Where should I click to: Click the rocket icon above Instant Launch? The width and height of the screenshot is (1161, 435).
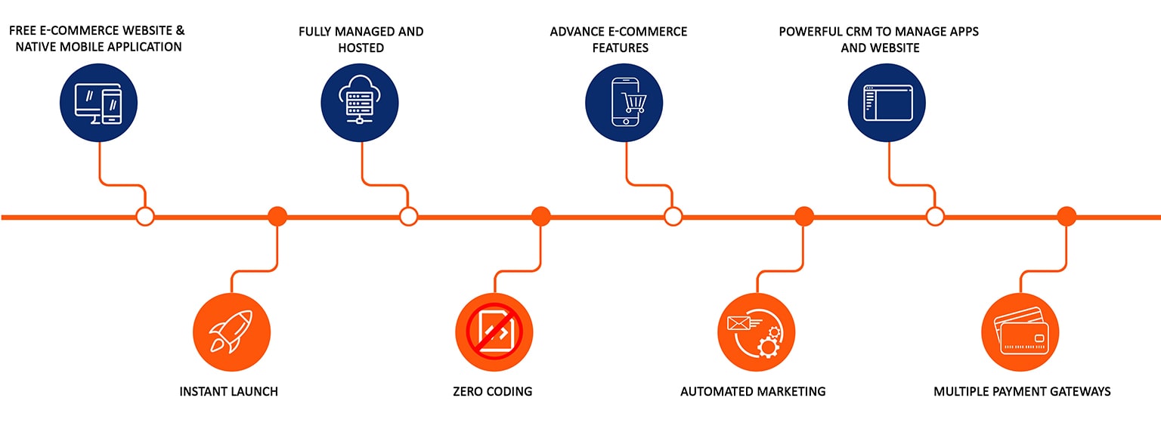[x=231, y=332]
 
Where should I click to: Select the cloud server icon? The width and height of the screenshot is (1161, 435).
[x=360, y=102]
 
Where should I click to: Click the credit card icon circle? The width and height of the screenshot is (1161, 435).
[x=1020, y=332]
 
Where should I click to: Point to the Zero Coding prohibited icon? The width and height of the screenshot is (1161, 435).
[x=494, y=332]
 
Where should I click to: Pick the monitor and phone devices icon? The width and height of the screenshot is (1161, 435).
[x=98, y=102]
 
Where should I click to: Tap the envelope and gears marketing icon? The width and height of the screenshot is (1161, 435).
[x=756, y=332]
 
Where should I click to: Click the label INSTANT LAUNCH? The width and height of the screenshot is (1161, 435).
[x=228, y=391]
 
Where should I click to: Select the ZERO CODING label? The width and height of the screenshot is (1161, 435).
[x=492, y=391]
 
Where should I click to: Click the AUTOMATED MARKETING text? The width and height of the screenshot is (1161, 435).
[x=753, y=391]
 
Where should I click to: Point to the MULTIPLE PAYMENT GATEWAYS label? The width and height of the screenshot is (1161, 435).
[x=1022, y=391]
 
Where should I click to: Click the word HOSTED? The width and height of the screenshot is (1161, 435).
[x=361, y=48]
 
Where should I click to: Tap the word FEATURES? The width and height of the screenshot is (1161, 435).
[x=620, y=48]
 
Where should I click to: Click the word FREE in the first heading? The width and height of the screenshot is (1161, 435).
[x=23, y=31]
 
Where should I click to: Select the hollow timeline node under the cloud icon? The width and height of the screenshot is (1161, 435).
[x=408, y=217]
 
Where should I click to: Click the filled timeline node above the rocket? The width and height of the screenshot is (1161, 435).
[x=277, y=216]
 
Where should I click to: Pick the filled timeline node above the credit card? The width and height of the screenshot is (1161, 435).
[x=1066, y=217]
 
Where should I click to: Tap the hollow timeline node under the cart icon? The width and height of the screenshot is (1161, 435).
[x=673, y=217]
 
